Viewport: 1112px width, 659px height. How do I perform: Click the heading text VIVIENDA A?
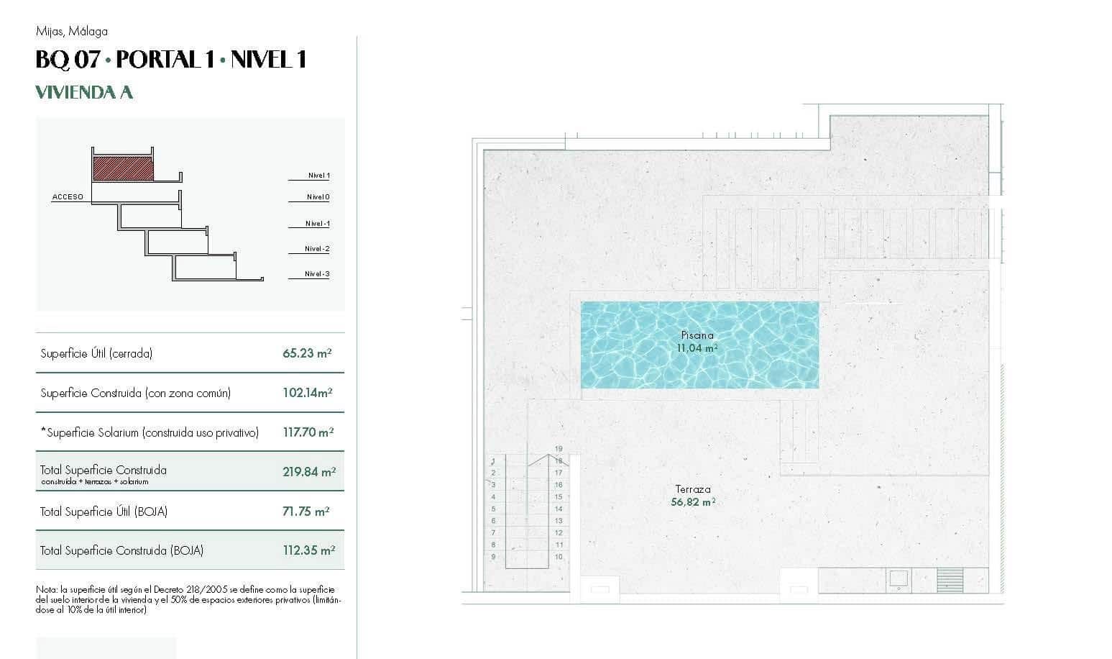tap(84, 92)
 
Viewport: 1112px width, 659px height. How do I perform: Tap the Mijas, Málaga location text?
tap(71, 31)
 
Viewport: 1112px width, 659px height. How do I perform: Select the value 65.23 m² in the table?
tap(307, 353)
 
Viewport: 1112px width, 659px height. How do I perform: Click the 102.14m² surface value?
tap(307, 393)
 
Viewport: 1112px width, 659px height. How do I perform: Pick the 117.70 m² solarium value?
tap(308, 432)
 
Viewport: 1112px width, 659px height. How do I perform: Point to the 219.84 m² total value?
tap(308, 472)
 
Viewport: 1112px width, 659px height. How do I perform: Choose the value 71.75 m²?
tap(305, 512)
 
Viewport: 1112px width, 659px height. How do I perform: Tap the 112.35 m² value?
tap(308, 551)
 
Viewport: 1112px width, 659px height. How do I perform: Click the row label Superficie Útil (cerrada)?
tap(96, 353)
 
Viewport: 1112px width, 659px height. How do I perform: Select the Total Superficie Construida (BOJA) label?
tap(121, 551)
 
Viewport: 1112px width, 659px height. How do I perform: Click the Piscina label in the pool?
tap(697, 335)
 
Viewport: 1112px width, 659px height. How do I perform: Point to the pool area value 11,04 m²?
tap(697, 348)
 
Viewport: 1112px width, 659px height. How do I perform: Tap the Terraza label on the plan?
tap(693, 489)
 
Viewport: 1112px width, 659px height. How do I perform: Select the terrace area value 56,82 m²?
tap(692, 502)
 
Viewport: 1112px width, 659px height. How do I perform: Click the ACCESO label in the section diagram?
tap(68, 196)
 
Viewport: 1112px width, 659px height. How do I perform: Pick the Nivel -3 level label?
tap(317, 274)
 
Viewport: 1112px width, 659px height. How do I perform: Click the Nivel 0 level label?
tap(318, 197)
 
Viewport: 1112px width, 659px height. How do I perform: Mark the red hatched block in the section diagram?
tap(123, 168)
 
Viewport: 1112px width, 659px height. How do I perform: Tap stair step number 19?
tap(559, 449)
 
